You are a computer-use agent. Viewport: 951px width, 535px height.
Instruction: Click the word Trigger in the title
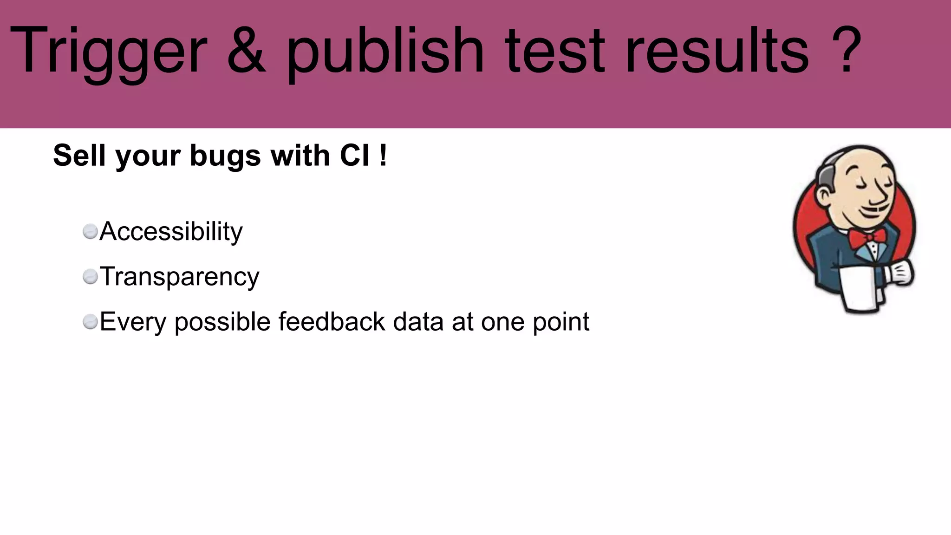click(108, 51)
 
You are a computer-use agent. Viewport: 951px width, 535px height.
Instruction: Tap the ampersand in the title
click(246, 50)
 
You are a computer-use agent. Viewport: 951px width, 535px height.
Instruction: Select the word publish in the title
click(385, 51)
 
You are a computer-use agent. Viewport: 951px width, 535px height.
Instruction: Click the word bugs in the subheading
click(225, 156)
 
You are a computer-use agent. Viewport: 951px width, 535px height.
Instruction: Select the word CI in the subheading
click(355, 155)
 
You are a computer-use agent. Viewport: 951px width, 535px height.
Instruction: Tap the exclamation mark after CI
click(383, 155)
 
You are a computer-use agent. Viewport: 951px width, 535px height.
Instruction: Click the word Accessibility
click(171, 231)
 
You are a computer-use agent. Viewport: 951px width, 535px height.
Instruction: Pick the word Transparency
click(179, 277)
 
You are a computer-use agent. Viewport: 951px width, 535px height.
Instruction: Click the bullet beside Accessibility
click(90, 231)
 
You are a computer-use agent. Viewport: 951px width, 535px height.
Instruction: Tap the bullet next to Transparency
click(90, 277)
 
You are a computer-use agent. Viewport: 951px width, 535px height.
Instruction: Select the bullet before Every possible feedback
click(90, 321)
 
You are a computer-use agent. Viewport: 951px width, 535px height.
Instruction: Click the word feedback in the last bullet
click(332, 321)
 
